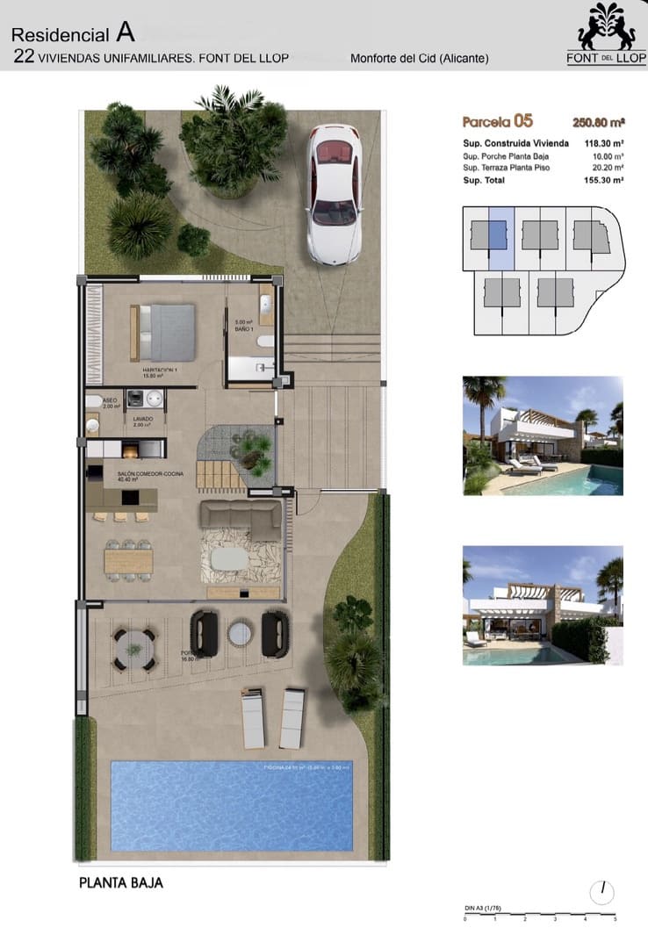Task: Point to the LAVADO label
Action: click(x=142, y=419)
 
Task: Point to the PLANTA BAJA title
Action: click(x=121, y=882)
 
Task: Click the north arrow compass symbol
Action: click(x=602, y=892)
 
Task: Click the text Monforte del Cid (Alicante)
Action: click(x=419, y=59)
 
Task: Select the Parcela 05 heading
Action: click(x=497, y=122)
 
